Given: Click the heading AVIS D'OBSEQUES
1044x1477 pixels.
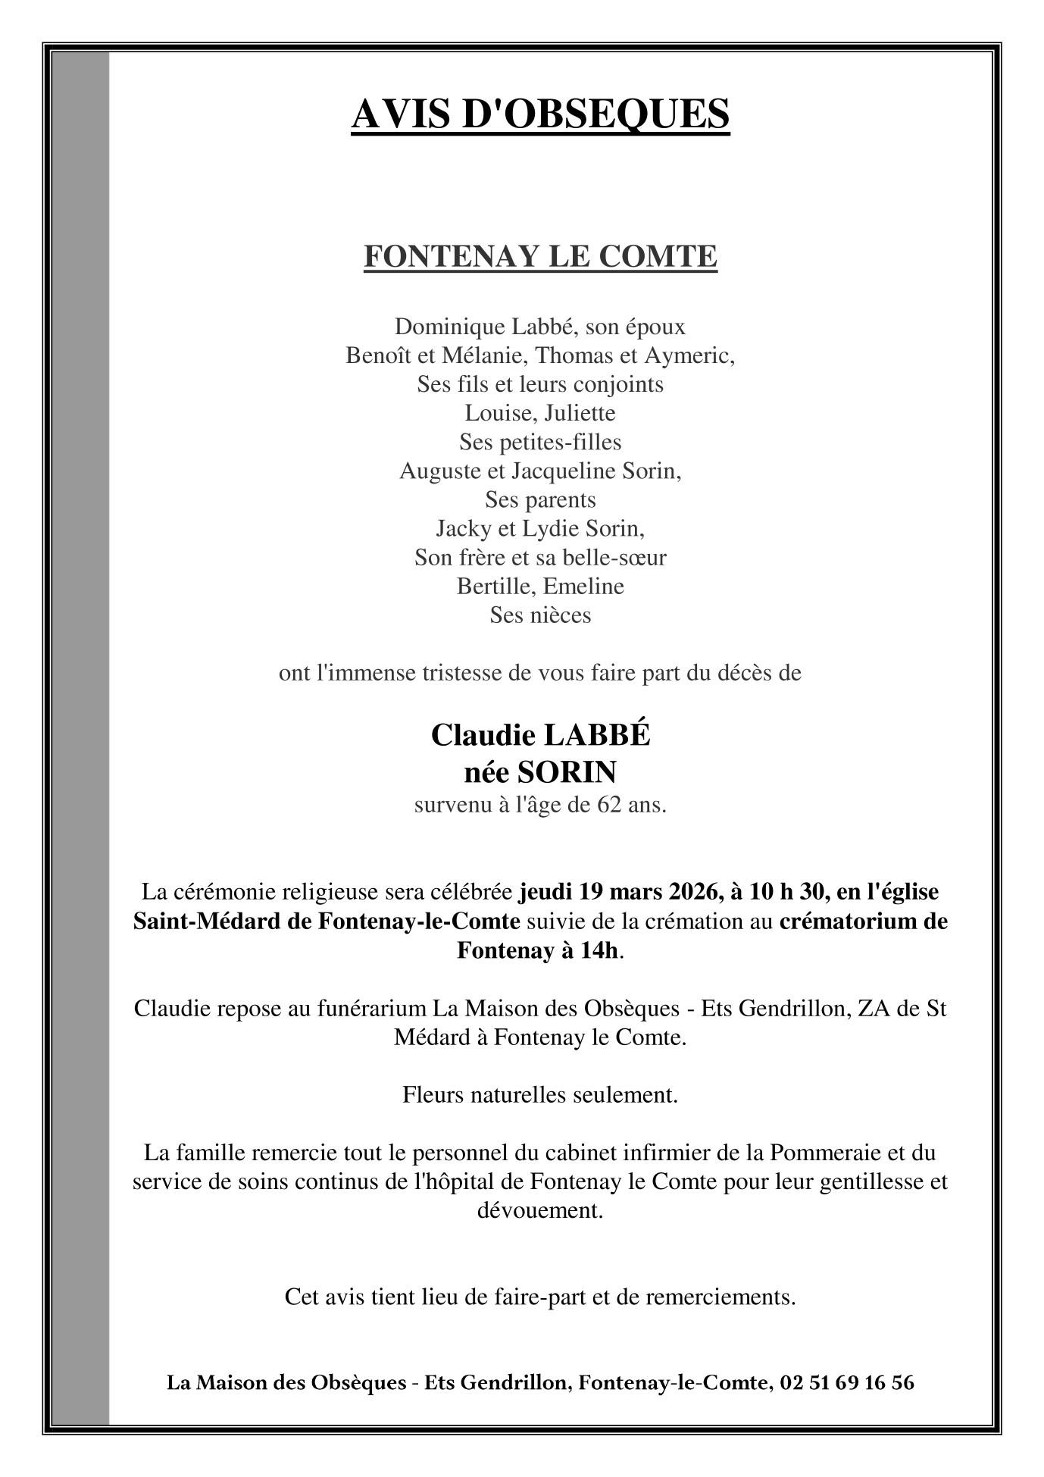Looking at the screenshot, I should [540, 114].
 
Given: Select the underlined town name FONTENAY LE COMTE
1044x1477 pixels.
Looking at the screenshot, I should [540, 257].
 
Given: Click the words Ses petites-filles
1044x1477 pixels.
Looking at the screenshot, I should [540, 442].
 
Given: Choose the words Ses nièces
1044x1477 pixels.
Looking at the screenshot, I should [540, 615].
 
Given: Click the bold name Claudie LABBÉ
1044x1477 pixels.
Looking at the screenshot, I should [540, 735].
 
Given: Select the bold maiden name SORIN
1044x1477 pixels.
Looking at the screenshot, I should [567, 772].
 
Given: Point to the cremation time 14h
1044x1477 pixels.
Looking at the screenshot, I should [599, 950].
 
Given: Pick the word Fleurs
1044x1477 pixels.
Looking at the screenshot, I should [431, 1095].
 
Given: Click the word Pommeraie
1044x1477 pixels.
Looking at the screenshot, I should [824, 1153].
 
